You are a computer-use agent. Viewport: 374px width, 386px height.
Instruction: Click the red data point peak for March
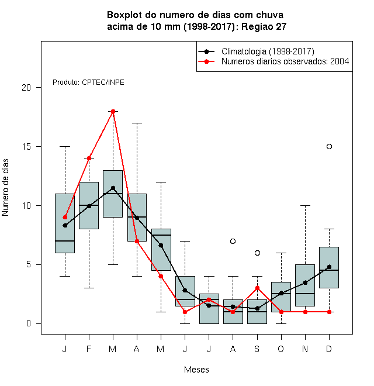(113, 111)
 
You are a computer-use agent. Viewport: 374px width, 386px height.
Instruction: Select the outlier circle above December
(329, 146)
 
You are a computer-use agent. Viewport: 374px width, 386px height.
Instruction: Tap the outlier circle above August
(233, 241)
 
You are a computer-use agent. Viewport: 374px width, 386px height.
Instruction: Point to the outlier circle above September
(257, 253)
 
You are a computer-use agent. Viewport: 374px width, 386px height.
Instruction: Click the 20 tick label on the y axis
(26, 88)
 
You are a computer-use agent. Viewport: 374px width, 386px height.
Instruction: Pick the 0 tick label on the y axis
(29, 323)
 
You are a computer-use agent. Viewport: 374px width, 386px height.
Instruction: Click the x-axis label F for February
(89, 349)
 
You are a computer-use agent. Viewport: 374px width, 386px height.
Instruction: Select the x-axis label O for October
(281, 349)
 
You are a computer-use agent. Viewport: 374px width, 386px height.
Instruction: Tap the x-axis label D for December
(329, 349)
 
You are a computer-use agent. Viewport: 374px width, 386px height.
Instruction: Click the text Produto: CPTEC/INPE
(88, 82)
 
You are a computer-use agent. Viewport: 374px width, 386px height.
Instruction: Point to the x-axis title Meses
(196, 370)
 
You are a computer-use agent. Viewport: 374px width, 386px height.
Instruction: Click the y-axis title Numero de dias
(5, 188)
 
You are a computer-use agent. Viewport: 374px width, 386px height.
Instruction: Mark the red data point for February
(89, 158)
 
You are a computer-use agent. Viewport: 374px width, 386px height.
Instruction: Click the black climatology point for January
(65, 225)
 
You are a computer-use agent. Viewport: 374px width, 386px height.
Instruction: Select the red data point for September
(257, 288)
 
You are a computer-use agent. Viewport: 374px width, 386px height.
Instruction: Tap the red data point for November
(305, 312)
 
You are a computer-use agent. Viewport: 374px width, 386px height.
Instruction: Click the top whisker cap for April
(137, 123)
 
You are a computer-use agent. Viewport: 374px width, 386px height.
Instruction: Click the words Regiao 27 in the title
(264, 26)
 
